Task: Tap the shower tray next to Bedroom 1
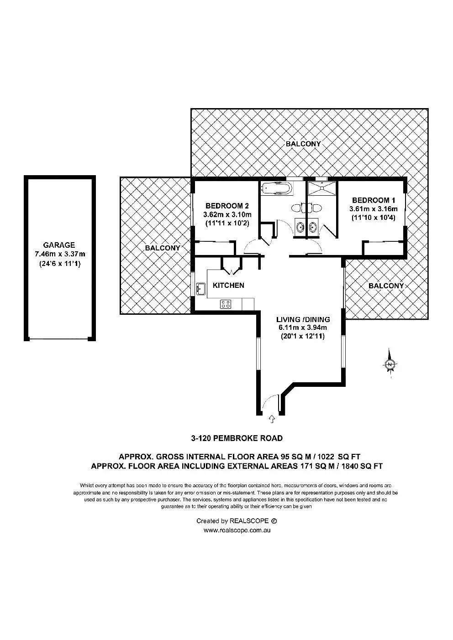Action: pos(321,188)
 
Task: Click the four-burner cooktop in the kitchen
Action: pos(226,304)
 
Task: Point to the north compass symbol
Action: pos(390,364)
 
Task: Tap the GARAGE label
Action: pos(59,245)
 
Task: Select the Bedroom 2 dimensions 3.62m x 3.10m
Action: pos(227,214)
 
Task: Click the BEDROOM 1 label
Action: pos(373,200)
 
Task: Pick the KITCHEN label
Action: pos(228,286)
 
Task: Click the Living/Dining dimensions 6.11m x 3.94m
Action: pos(303,328)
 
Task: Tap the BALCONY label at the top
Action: pos(303,144)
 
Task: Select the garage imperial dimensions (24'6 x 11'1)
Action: pos(59,264)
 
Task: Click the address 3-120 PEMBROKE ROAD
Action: pos(237,438)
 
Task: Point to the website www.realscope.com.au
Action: pos(237,530)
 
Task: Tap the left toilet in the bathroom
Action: pos(296,208)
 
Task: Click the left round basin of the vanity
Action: pos(300,226)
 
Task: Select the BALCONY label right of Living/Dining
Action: pos(386,286)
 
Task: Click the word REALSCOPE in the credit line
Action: pos(249,520)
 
